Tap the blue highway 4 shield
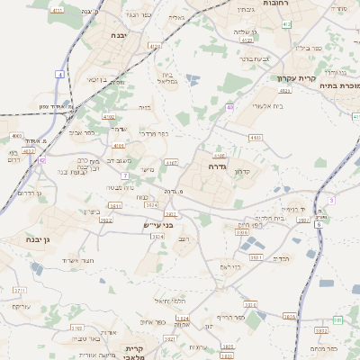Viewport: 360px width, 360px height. point(59,74)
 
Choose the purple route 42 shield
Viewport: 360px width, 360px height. point(42,159)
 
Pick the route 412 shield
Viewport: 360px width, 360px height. point(285,91)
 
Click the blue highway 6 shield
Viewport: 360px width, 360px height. point(318,223)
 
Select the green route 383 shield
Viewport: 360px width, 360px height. point(337,319)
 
